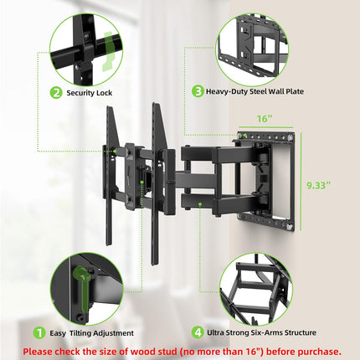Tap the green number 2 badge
tap(55, 92)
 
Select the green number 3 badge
tap(198, 92)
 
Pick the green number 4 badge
tap(198, 332)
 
